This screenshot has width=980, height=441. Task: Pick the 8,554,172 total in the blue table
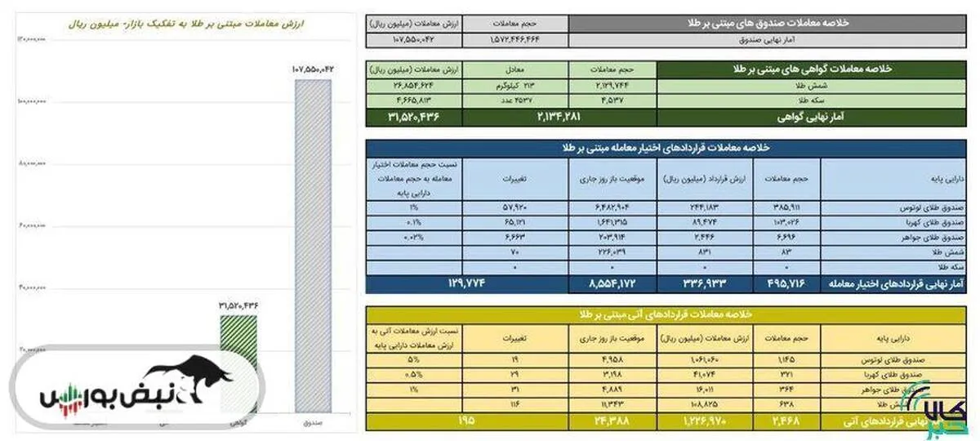click(x=611, y=283)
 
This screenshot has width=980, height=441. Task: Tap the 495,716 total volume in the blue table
click(x=779, y=283)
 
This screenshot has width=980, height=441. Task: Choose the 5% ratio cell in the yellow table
click(x=414, y=359)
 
